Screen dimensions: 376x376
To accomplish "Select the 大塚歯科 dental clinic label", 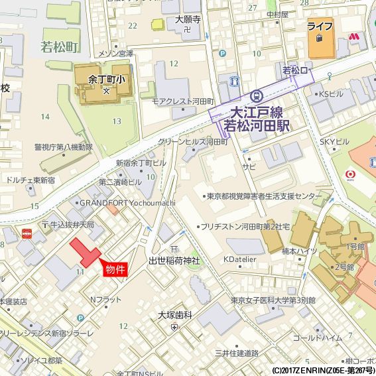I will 175,315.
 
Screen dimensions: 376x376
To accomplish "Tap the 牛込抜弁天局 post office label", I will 72,225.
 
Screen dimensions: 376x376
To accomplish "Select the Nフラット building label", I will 105,300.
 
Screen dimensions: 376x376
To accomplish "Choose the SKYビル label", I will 334,142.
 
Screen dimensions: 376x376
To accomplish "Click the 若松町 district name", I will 59,46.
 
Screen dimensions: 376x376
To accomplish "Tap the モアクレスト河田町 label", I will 182,101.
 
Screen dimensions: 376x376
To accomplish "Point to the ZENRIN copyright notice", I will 323,370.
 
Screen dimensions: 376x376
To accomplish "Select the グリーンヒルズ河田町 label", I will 193,142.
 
